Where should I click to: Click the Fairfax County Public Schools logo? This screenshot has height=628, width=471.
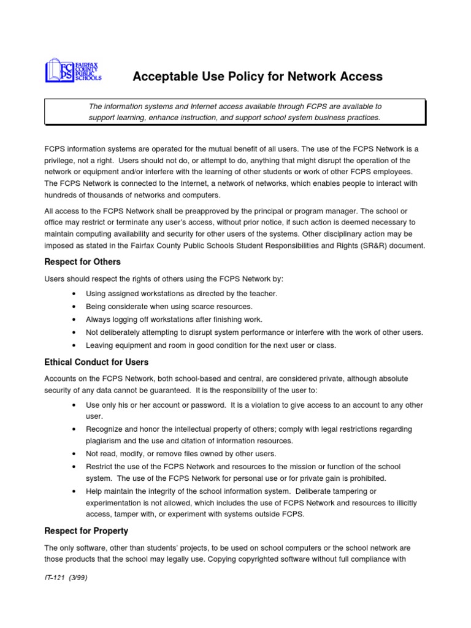pyautogui.click(x=73, y=71)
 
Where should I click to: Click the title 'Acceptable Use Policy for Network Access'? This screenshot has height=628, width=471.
pyautogui.click(x=258, y=77)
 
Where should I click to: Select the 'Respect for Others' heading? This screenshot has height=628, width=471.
pyautogui.click(x=82, y=262)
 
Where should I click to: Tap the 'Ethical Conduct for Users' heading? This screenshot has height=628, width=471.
pyautogui.click(x=96, y=362)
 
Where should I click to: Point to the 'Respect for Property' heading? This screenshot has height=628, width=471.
pyautogui.click(x=86, y=530)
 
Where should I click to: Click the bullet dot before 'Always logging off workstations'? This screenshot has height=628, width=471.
pyautogui.click(x=74, y=320)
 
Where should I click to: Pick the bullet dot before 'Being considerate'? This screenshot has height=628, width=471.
pyautogui.click(x=74, y=307)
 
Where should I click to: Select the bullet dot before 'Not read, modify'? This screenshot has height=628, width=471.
pyautogui.click(x=74, y=454)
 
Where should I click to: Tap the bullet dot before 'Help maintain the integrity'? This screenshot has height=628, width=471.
pyautogui.click(x=74, y=491)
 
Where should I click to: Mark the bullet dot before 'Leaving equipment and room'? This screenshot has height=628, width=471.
pyautogui.click(x=74, y=345)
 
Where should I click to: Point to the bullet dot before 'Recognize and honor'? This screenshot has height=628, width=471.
pyautogui.click(x=74, y=429)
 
